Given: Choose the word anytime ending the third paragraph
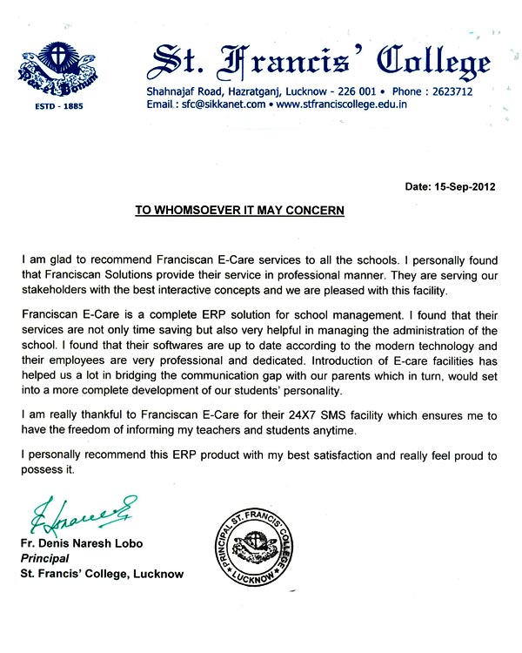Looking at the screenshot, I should (333, 431).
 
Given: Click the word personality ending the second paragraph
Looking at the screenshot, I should (304, 394).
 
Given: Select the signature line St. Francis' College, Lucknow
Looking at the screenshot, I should (102, 574).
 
